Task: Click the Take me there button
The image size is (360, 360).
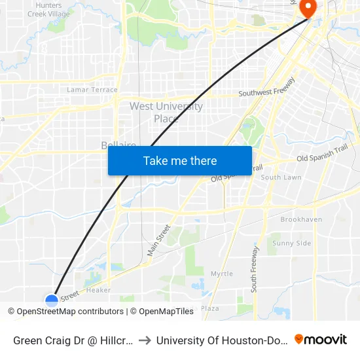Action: pos(180,161)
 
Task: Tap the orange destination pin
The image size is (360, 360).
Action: pos(308,7)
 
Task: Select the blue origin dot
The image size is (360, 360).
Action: pos(52,300)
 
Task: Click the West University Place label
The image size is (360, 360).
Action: pos(166,112)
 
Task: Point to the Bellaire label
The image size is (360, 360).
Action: pos(118,145)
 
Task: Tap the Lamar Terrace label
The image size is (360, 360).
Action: pos(92,90)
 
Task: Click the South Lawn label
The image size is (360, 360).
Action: pos(281,177)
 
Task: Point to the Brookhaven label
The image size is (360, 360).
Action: pos(301,220)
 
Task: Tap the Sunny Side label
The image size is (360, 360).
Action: pos(291,243)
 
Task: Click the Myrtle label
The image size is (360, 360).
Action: pos(221,274)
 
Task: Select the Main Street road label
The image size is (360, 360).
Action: pos(158,240)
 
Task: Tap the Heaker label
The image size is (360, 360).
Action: pos(99,290)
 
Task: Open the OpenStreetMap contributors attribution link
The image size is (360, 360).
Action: pos(70,312)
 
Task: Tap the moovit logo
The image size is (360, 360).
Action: pos(321,340)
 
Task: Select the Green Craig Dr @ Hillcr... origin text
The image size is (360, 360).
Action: pos(73,340)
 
